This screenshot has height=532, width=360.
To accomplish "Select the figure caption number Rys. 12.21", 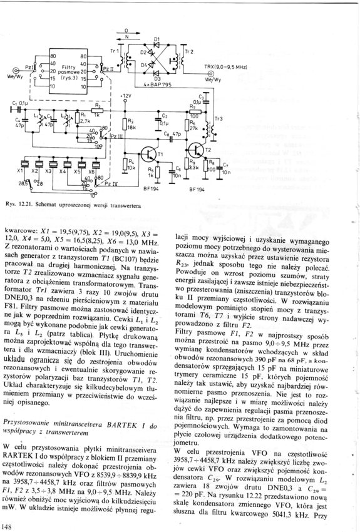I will coord(19,205).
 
